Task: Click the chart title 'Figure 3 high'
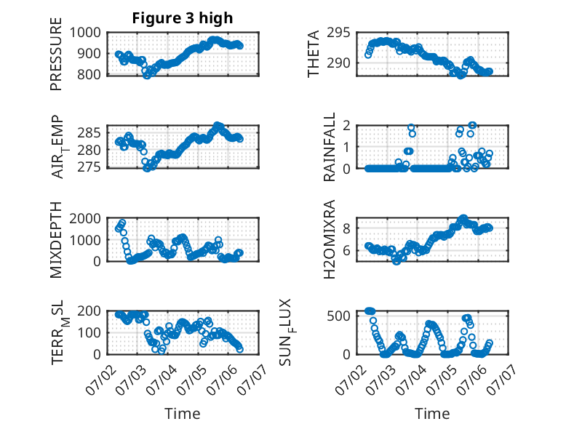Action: [183, 18]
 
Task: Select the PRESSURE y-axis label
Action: [56, 54]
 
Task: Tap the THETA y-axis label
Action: [314, 54]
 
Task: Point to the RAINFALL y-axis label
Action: [330, 147]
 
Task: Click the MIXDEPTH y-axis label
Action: [56, 239]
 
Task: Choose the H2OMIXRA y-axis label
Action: [330, 239]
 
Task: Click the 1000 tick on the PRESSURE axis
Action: [85, 33]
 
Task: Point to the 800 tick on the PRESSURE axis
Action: [89, 75]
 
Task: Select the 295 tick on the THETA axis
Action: [338, 33]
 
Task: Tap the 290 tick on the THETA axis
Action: [338, 63]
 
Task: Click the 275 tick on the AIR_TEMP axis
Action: [89, 167]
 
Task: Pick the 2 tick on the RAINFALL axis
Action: [346, 125]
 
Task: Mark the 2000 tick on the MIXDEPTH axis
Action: [85, 218]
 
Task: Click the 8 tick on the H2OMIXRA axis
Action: [346, 228]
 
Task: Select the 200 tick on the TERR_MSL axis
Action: [89, 311]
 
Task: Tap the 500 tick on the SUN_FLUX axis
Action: [338, 316]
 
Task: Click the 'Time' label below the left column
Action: [183, 413]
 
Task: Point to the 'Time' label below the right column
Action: [432, 413]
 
